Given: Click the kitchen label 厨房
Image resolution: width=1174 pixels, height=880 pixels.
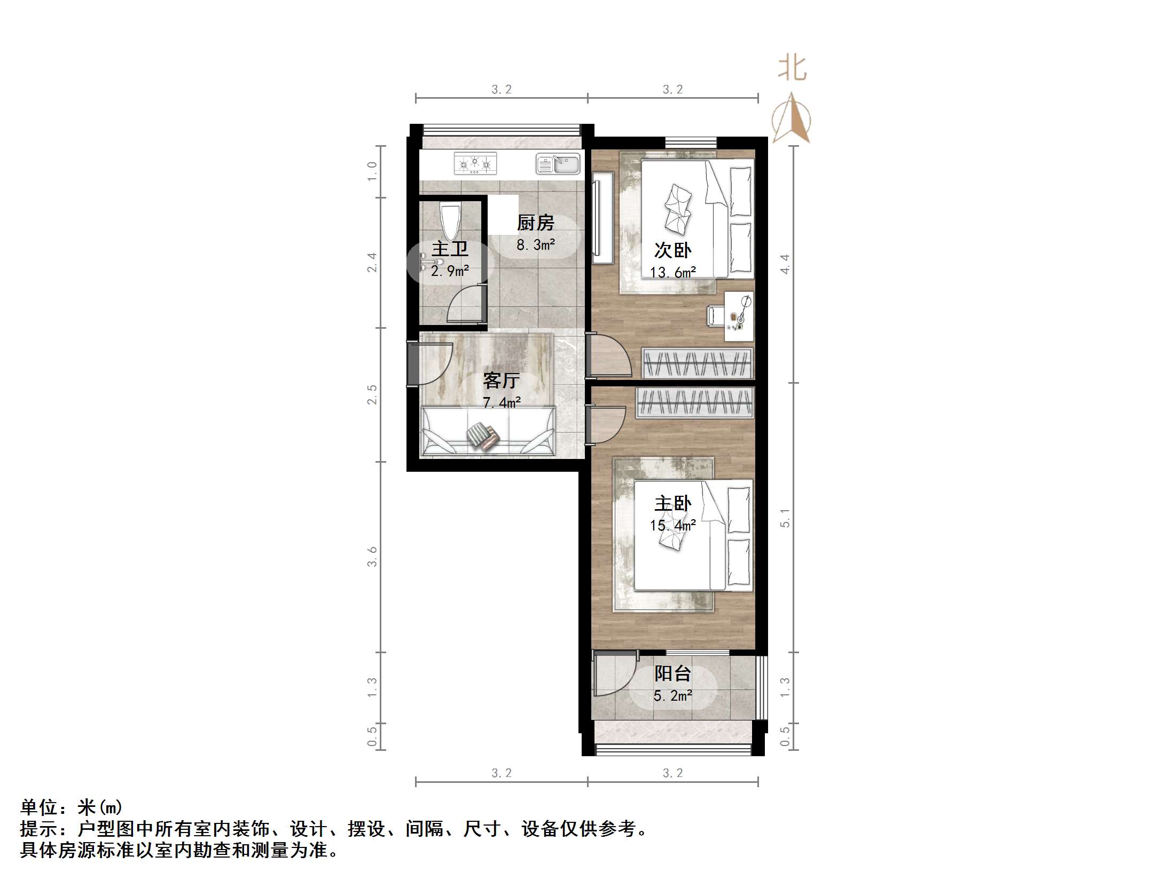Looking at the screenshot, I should pyautogui.click(x=536, y=223).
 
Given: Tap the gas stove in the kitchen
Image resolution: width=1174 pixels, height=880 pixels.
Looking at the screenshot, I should pyautogui.click(x=475, y=163).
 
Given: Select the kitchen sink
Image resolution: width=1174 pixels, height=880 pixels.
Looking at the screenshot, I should pyautogui.click(x=558, y=164).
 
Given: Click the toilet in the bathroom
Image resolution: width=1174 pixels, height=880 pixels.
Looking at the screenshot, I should pyautogui.click(x=450, y=221).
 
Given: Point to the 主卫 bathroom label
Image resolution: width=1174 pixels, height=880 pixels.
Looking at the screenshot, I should pyautogui.click(x=450, y=249).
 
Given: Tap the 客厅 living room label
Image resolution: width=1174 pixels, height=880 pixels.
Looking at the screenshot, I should pyautogui.click(x=501, y=380).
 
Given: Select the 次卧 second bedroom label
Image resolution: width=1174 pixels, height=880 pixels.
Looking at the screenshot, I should pyautogui.click(x=672, y=250).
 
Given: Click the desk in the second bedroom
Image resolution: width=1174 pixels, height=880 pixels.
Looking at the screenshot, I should pyautogui.click(x=739, y=316).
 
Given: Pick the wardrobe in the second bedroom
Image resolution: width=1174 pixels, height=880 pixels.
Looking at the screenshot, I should pyautogui.click(x=697, y=363).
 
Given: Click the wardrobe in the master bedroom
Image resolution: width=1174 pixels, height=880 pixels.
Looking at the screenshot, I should pyautogui.click(x=695, y=402).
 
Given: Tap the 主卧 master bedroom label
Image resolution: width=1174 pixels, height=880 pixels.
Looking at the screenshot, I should pyautogui.click(x=672, y=503).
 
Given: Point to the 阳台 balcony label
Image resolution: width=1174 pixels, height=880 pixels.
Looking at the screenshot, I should pyautogui.click(x=672, y=673).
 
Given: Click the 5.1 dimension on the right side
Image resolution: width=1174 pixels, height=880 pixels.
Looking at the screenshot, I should pyautogui.click(x=785, y=518).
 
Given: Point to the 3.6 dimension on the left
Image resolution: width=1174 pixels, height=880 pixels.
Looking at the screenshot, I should pyautogui.click(x=372, y=557).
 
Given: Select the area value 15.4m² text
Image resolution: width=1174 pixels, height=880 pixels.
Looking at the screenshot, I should pyautogui.click(x=672, y=526).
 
